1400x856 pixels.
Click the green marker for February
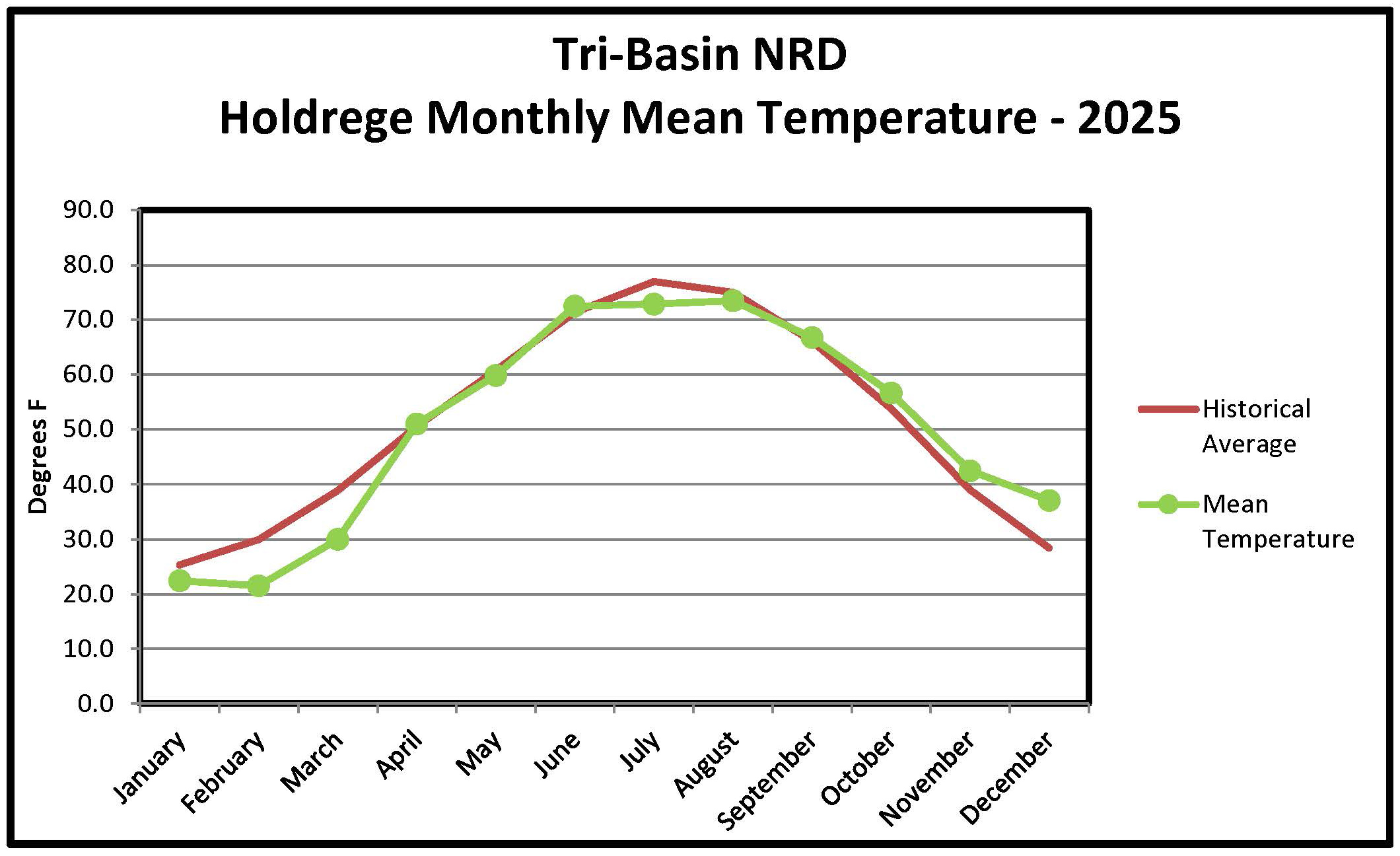[x=258, y=585]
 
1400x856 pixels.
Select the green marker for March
[x=337, y=539]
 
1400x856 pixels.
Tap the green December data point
[x=1049, y=501]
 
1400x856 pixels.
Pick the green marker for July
[x=654, y=304]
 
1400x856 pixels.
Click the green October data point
[x=891, y=393]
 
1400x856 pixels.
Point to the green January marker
[x=180, y=581]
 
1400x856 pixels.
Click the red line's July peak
[x=654, y=282]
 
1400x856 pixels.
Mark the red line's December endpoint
[x=1049, y=548]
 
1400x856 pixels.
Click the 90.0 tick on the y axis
[x=88, y=210]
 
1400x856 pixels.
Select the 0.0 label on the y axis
[x=95, y=703]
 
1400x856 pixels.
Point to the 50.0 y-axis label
[x=88, y=429]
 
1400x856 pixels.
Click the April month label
[x=399, y=754]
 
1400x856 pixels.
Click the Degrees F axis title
[x=38, y=457]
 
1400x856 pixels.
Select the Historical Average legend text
[x=1255, y=426]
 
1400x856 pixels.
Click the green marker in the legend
[x=1168, y=505]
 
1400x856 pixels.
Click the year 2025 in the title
[x=1129, y=118]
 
